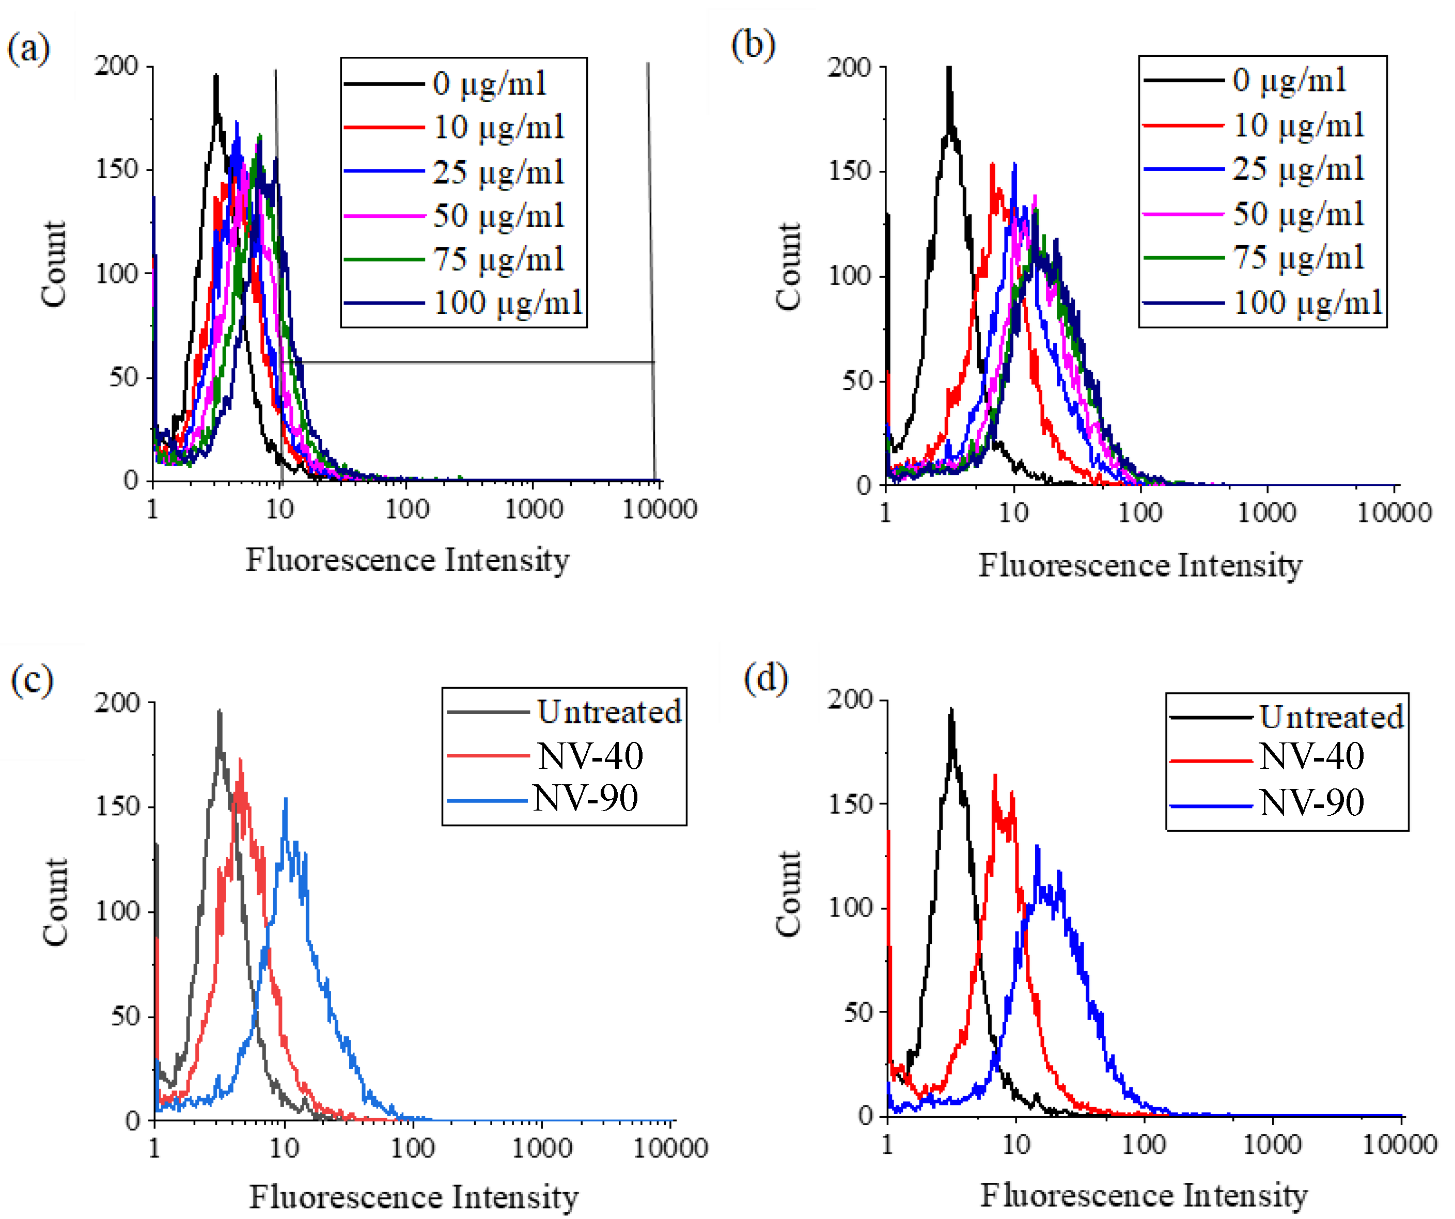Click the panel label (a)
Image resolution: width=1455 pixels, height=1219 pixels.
coord(28,50)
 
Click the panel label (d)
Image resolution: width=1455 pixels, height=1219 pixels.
coord(765,679)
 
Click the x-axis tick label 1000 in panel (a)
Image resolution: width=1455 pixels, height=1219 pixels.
coord(533,509)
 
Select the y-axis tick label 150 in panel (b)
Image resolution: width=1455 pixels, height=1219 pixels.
coord(850,170)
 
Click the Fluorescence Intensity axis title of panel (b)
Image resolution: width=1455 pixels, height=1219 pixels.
coord(1140,565)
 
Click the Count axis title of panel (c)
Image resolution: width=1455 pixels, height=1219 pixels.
coord(55,902)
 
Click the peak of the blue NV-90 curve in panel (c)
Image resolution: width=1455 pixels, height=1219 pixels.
coord(286,799)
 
